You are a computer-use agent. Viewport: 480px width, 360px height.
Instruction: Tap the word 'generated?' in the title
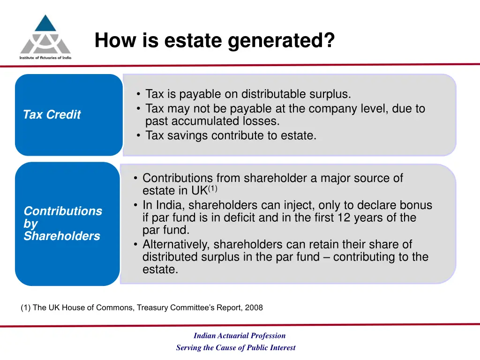(281, 41)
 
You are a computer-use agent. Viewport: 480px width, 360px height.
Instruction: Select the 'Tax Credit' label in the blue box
(52, 115)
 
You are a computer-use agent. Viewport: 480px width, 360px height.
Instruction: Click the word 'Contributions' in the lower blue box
(63, 211)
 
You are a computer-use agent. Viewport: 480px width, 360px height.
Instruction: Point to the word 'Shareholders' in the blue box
(62, 236)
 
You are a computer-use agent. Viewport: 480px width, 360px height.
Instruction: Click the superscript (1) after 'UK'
(212, 189)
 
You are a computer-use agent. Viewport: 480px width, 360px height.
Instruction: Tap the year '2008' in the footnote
(255, 308)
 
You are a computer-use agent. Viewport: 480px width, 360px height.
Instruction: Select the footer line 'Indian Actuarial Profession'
(240, 336)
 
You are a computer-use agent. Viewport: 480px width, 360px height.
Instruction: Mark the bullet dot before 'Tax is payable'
(139, 95)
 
